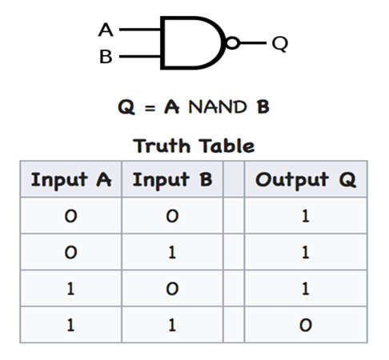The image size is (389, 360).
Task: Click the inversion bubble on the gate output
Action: pos(233,43)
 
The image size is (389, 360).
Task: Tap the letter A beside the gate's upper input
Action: pos(106,30)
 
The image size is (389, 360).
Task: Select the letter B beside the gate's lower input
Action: pos(106,57)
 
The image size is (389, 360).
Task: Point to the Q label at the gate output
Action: pos(280,44)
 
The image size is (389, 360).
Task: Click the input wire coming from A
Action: pos(140,30)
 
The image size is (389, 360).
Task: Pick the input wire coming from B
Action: pos(140,56)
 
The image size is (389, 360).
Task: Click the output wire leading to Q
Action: pos(253,42)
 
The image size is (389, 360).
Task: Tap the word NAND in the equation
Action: pos(218,107)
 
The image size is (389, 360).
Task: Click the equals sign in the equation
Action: pos(150,108)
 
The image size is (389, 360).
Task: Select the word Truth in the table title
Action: pos(162,146)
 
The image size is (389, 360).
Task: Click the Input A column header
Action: pos(71,179)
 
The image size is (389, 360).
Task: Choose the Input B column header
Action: pos(172,179)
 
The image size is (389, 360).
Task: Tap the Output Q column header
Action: pos(306,179)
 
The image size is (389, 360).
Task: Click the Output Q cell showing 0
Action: pos(306,325)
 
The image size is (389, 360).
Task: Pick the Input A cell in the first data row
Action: pos(71,216)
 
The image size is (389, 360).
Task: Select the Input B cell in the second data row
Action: pos(172,252)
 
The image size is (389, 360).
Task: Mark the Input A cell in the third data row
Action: pos(70,289)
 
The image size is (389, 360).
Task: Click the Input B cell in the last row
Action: pos(172,325)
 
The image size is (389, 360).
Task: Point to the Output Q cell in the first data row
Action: pos(306,216)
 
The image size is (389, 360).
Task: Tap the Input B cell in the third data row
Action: pos(172,289)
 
